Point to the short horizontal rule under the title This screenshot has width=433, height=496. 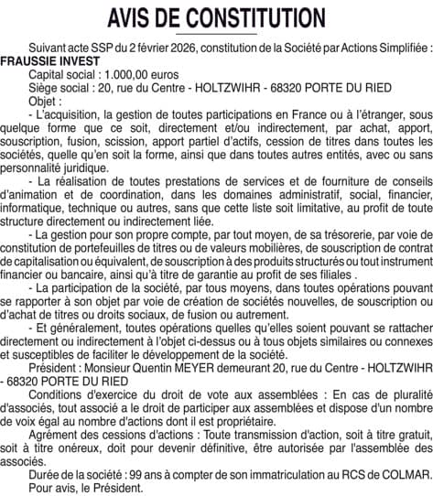(x=216, y=33)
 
